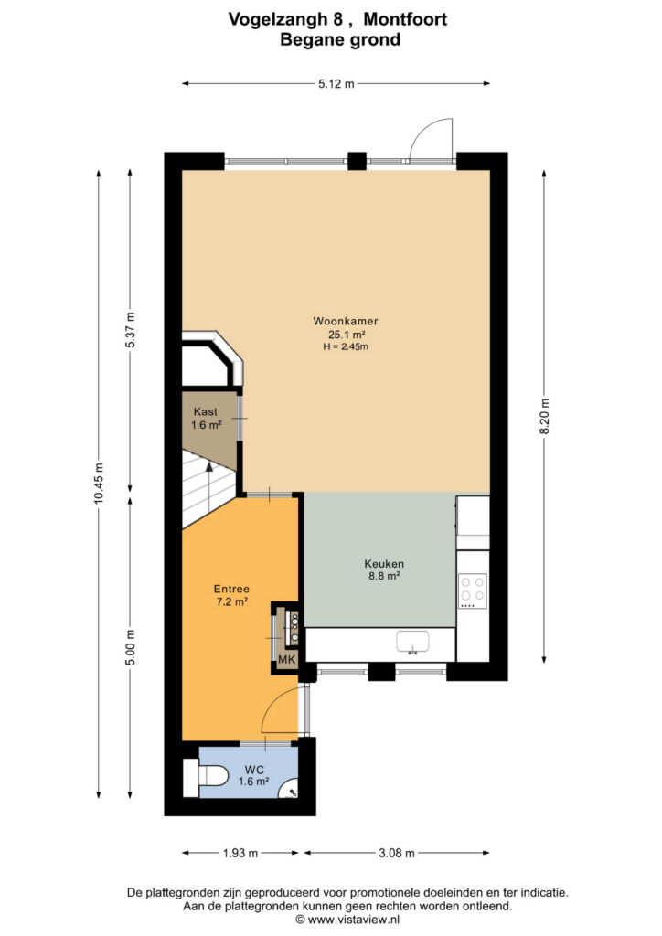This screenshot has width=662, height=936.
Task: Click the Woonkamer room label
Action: point(345,321)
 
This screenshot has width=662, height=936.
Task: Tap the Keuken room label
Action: point(384,563)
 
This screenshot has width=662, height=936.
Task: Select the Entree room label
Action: point(231,590)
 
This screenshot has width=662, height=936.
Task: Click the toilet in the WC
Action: point(205,777)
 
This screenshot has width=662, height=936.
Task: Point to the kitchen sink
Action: point(412,643)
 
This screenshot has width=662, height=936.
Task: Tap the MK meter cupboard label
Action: point(287,660)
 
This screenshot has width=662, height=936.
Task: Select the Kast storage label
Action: point(206,412)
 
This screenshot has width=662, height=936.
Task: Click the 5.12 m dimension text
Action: point(336,84)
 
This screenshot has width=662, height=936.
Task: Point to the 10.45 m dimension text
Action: point(99,484)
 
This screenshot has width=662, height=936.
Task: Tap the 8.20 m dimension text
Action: point(544,417)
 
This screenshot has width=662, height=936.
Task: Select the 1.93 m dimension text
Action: point(240,853)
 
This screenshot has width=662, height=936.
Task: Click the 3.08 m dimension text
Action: point(396,853)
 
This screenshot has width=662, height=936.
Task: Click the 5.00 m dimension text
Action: point(132,648)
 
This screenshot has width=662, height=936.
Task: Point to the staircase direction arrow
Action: point(208,491)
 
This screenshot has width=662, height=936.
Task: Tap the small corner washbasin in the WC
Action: point(290,789)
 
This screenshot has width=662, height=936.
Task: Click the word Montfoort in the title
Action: point(405,20)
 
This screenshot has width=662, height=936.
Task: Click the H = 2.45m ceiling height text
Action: point(346,346)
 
